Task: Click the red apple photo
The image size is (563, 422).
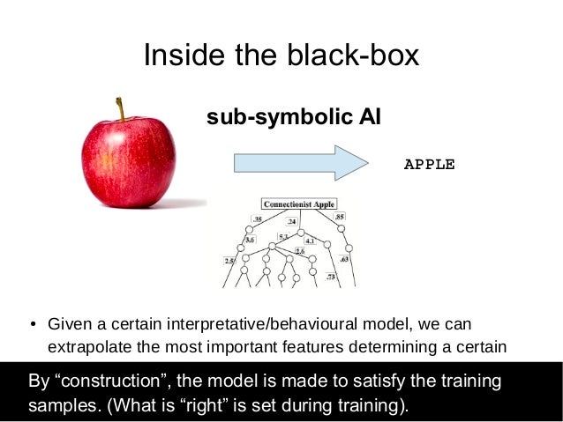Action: (128, 159)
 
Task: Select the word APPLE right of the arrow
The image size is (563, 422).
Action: (429, 164)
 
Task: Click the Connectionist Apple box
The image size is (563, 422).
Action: (299, 204)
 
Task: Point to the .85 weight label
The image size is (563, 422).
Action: (340, 216)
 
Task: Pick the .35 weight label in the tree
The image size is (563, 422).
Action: (258, 218)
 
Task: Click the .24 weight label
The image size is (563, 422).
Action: (291, 222)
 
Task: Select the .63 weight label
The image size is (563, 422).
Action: (345, 260)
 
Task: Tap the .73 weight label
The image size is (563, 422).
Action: (331, 278)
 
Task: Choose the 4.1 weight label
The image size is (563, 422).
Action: (310, 240)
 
